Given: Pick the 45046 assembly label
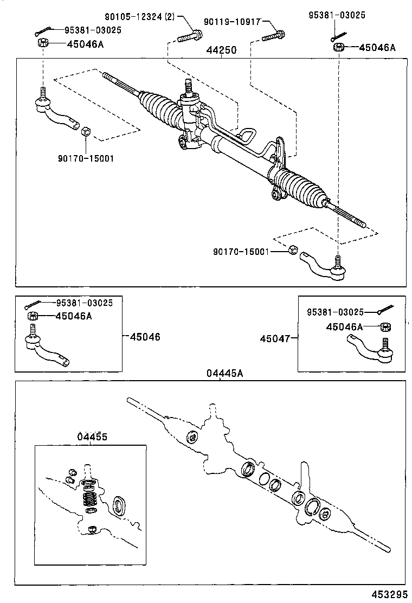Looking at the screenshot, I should coord(145,337).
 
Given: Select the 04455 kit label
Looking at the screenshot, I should coord(92,437).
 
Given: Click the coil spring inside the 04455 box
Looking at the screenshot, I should coord(89,497).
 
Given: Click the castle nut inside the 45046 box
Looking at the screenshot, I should coord(32,316).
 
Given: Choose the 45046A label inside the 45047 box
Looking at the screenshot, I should coord(344,326).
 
